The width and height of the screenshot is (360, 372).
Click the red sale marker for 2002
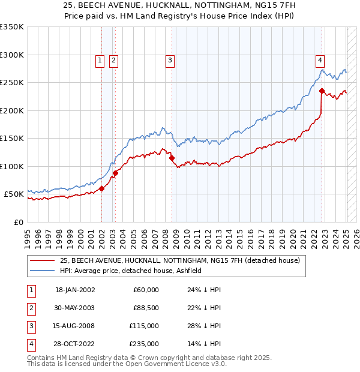[101, 188]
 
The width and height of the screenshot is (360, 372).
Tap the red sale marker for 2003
[115, 173]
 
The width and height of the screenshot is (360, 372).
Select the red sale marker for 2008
[172, 158]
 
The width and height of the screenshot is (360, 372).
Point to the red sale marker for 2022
[322, 91]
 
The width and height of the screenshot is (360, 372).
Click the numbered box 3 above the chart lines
[170, 60]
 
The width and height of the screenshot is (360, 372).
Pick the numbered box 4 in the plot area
[320, 60]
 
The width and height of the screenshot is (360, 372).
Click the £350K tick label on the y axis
[11, 27]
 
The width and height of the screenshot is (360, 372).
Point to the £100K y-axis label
[11, 166]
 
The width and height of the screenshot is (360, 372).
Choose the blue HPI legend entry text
[130, 271]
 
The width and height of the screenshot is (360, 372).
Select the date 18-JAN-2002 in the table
[75, 290]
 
